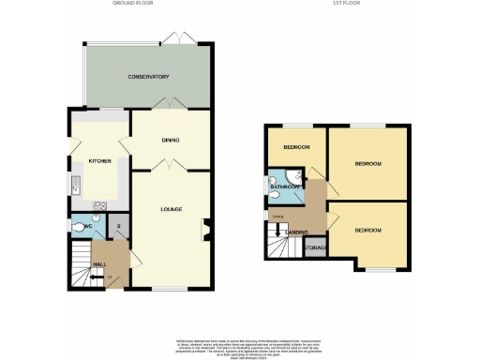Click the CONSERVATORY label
click(148, 77)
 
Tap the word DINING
click(170, 141)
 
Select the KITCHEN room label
click(100, 161)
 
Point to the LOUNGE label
click(170, 208)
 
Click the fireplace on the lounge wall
click(205, 227)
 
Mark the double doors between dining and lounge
click(166, 164)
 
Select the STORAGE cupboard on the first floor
click(315, 247)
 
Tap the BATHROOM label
click(285, 187)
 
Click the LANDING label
click(297, 231)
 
